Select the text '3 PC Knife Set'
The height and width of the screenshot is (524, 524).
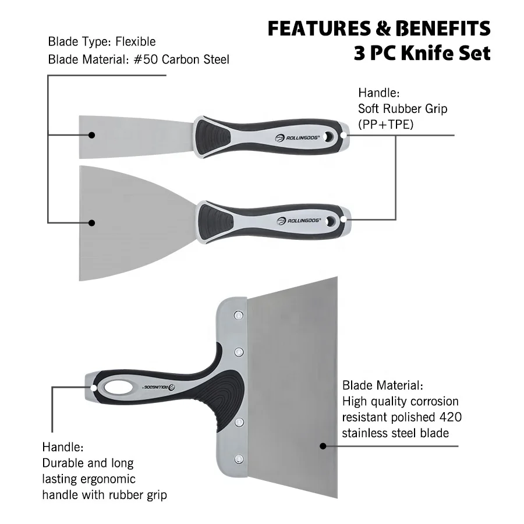pyautogui.click(x=422, y=54)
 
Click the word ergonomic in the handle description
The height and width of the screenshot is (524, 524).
pyautogui.click(x=107, y=479)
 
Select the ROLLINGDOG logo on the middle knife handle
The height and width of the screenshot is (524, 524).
pyautogui.click(x=298, y=221)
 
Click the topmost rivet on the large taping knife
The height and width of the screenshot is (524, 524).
pyautogui.click(x=238, y=316)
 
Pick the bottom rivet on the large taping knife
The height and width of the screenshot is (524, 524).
pyautogui.click(x=238, y=459)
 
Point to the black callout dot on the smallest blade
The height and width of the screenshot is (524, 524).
pyautogui.click(x=92, y=134)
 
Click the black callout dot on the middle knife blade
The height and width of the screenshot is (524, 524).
pyautogui.click(x=92, y=222)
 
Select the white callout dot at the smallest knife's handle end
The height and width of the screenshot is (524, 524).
pyautogui.click(x=345, y=134)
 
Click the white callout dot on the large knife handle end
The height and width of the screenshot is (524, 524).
pyautogui.click(x=94, y=386)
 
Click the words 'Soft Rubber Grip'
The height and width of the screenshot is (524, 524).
pyautogui.click(x=402, y=108)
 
